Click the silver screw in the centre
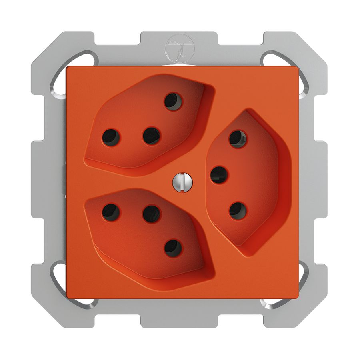pyautogui.click(x=183, y=181)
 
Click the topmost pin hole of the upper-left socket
pyautogui.click(x=173, y=101)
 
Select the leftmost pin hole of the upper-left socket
pyautogui.click(x=111, y=137)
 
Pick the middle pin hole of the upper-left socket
pyautogui.click(x=152, y=136)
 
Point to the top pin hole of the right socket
pyautogui.click(x=238, y=139)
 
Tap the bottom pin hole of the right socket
pyautogui.click(x=238, y=210)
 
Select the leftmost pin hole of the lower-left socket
pyautogui.click(x=111, y=212)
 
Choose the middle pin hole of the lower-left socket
pyautogui.click(x=152, y=214)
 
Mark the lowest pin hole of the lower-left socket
pyautogui.click(x=173, y=248)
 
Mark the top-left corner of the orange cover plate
pyautogui.click(x=67, y=67)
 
